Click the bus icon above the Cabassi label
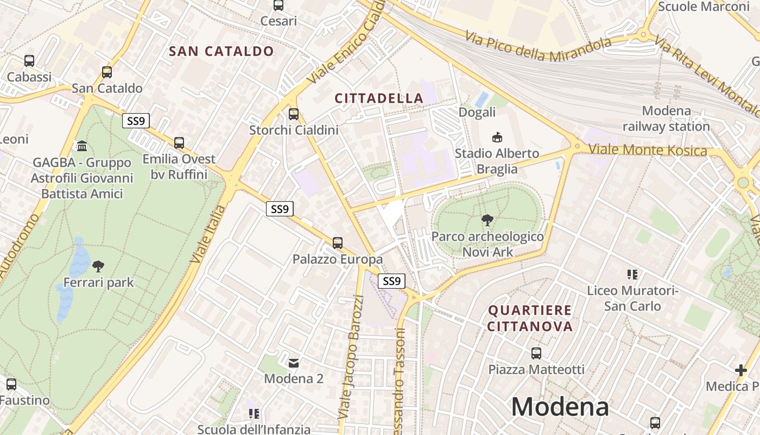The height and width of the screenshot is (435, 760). (x=29, y=61)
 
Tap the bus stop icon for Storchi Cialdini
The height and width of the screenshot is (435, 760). (x=294, y=114)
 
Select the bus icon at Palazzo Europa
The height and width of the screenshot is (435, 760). (x=338, y=243)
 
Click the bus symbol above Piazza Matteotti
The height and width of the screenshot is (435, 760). (x=536, y=353)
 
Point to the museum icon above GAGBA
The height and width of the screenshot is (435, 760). (x=82, y=146)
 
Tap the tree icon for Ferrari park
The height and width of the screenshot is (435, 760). (x=98, y=266)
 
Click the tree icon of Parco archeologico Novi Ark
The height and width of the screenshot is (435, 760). (x=487, y=220)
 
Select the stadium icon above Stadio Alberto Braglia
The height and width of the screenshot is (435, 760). (x=497, y=138)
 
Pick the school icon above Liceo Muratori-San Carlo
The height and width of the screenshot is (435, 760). (x=632, y=275)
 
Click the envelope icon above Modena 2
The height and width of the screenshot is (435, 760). (x=294, y=363)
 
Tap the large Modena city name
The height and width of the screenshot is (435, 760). (x=560, y=407)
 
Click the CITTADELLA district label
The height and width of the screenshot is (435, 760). (x=379, y=98)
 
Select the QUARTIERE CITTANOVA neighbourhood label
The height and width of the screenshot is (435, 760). (x=530, y=318)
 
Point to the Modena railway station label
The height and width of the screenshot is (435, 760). (x=666, y=119)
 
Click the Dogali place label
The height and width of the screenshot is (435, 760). (x=477, y=112)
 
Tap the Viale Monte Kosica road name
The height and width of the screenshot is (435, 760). (x=648, y=150)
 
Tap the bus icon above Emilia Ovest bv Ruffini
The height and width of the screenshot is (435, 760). (x=179, y=143)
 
